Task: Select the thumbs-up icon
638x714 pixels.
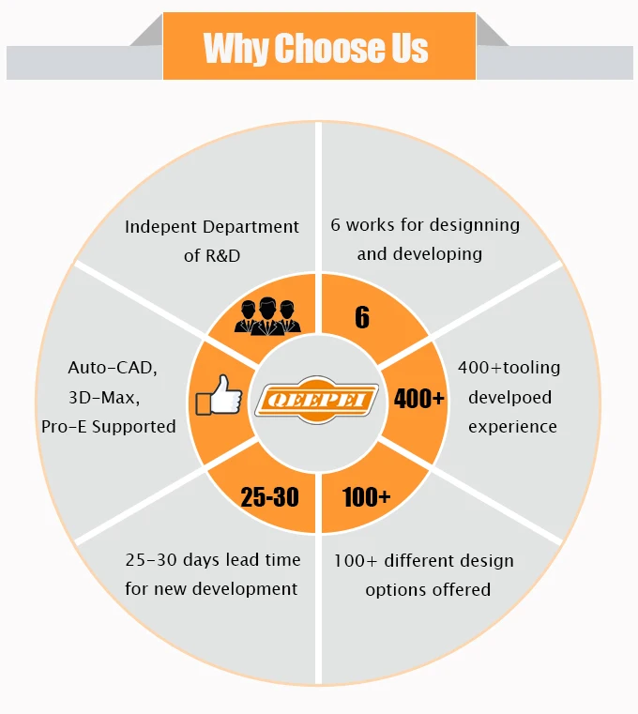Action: click(219, 398)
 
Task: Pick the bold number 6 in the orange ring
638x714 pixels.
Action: click(362, 317)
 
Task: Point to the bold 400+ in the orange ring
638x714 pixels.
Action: click(419, 398)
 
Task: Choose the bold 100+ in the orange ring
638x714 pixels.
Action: click(366, 496)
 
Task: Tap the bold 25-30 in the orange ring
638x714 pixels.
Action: click(269, 496)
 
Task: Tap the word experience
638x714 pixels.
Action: click(512, 427)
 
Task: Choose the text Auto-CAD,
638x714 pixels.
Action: click(113, 369)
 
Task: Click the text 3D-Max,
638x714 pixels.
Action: click(104, 398)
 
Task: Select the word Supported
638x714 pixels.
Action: click(134, 427)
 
